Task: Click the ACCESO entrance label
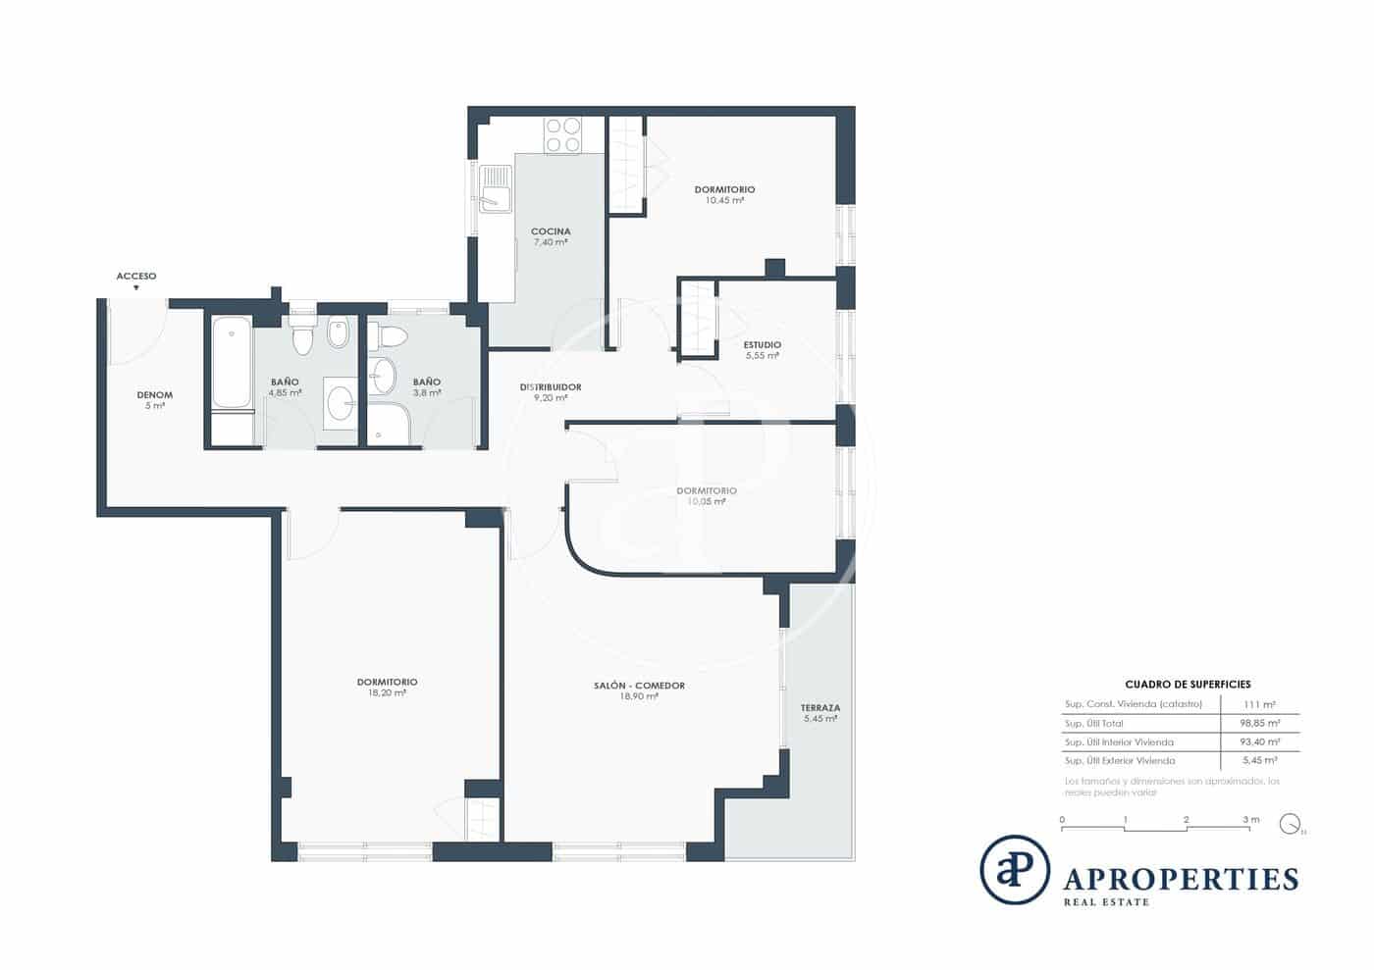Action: [136, 277]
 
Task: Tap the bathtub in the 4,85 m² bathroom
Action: [232, 362]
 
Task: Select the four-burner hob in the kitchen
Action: [562, 134]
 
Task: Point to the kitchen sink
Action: [496, 188]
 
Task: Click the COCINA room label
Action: [551, 232]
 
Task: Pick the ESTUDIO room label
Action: [762, 345]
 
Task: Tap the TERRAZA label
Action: [819, 708]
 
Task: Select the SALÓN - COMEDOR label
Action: [639, 686]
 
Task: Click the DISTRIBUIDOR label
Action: [551, 387]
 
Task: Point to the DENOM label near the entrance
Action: [155, 395]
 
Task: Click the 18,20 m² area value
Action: [387, 693]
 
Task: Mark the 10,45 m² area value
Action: [724, 201]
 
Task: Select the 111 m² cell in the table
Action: [1260, 704]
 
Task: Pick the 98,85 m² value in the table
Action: [1259, 724]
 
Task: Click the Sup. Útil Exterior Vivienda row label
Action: [1120, 761]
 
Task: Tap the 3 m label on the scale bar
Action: [1250, 820]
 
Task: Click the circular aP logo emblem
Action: [1015, 870]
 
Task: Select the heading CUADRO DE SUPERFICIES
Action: [1188, 685]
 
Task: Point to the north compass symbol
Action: [1291, 824]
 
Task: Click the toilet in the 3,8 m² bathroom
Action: [391, 337]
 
